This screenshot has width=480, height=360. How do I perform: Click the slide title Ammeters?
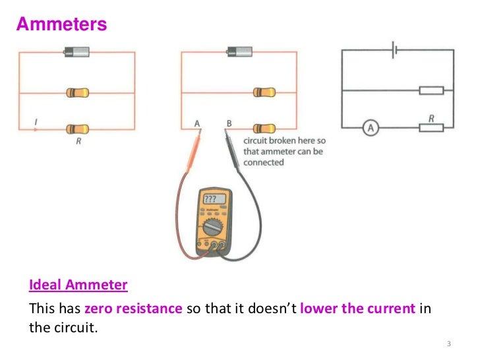click(61, 24)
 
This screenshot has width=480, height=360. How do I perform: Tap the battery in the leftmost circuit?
click(76, 51)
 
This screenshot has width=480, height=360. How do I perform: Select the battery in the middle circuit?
click(240, 51)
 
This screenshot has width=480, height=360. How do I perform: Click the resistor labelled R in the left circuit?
click(77, 128)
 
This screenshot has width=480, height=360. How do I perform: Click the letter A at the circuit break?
click(196, 123)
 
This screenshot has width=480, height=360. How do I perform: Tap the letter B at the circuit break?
click(229, 123)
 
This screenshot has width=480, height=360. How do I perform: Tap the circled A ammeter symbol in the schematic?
click(371, 129)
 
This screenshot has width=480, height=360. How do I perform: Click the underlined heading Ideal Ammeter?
click(78, 286)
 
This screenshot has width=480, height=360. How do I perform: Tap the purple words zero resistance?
click(133, 309)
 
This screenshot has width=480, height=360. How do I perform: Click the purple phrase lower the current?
click(357, 309)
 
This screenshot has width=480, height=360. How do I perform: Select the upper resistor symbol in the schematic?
click(431, 90)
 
